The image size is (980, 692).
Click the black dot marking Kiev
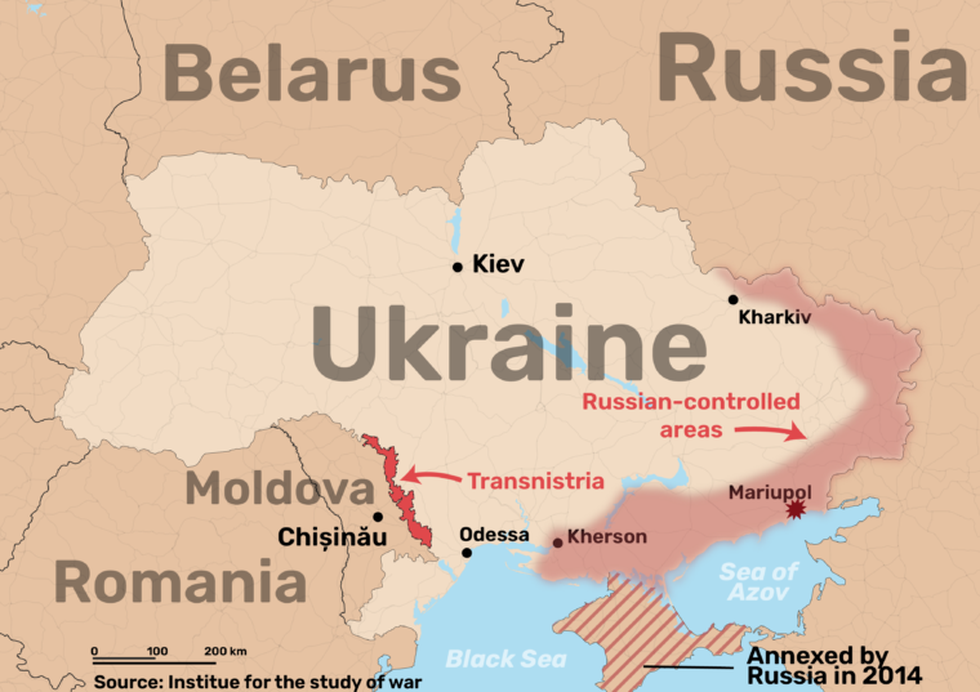(457, 267)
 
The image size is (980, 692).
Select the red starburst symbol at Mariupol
(795, 510)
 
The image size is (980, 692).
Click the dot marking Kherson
(558, 543)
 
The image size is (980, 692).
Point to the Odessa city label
(494, 534)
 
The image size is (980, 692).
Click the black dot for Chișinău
(377, 517)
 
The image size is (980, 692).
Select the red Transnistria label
(536, 480)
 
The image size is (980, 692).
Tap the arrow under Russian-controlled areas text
(770, 432)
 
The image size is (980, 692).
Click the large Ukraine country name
(508, 344)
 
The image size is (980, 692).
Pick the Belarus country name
(312, 75)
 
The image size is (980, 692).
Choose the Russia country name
(811, 67)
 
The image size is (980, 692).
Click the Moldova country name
(278, 490)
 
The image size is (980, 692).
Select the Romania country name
(180, 580)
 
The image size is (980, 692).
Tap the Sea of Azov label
(759, 582)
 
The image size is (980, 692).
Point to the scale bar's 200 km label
(224, 651)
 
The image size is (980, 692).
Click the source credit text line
(258, 682)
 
